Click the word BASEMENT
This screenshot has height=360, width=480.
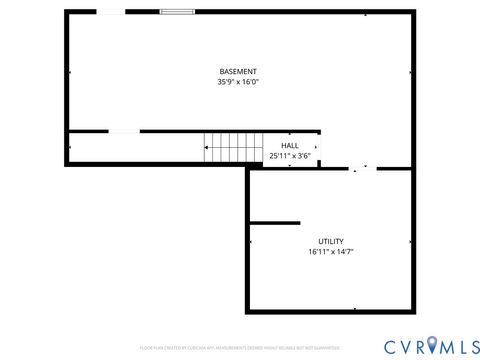tap(238, 71)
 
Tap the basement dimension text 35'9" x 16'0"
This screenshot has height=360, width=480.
tap(238, 82)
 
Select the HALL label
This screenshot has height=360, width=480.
tap(289, 146)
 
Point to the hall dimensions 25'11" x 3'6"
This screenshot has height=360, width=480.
tap(289, 156)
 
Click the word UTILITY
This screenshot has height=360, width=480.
tap(331, 241)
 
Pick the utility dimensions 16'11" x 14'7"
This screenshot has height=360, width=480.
tap(331, 252)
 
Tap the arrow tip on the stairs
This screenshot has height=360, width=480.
tap(206, 149)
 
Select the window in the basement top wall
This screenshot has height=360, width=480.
tap(178, 12)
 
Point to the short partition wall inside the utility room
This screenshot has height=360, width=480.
tap(275, 222)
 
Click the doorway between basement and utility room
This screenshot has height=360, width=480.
tap(363, 169)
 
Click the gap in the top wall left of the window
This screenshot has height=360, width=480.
tap(110, 12)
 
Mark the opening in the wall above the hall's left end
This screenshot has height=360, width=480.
tap(124, 131)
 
